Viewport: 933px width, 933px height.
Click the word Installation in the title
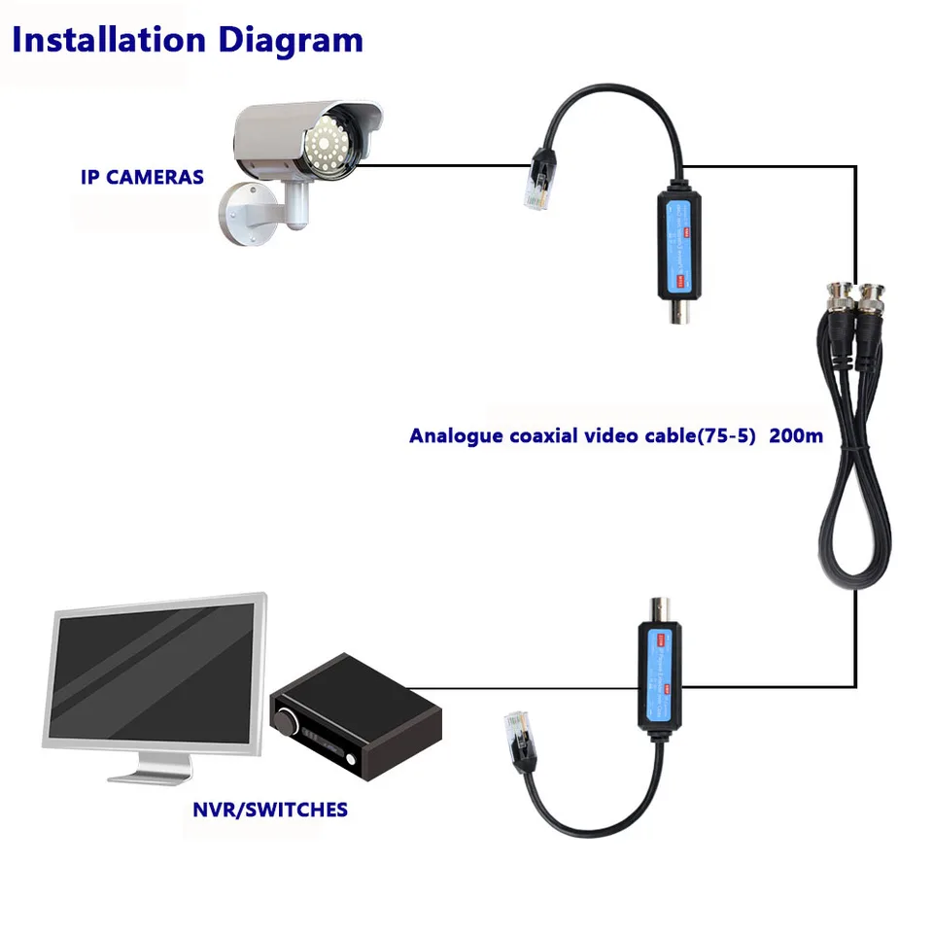(x=107, y=40)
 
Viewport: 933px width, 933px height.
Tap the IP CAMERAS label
(x=142, y=177)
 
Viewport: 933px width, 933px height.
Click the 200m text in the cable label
(x=796, y=435)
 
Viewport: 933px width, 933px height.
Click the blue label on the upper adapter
(x=678, y=243)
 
